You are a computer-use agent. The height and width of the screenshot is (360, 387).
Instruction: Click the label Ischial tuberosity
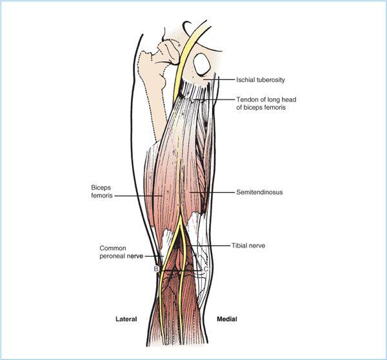[x=261, y=80]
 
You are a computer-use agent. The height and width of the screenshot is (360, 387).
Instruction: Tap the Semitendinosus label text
[x=259, y=192]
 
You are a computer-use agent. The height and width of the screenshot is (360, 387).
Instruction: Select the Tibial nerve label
[x=248, y=246]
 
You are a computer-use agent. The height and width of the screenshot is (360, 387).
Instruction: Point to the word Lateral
[x=126, y=319]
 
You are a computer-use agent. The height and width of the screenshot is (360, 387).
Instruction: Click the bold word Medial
[x=227, y=319]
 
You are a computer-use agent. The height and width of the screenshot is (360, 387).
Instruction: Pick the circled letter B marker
[x=156, y=268]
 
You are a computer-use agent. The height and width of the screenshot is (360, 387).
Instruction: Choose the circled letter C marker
[x=205, y=269]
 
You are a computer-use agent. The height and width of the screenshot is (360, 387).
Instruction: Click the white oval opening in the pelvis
[x=202, y=64]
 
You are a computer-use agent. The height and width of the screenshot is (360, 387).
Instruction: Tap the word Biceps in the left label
[x=101, y=188]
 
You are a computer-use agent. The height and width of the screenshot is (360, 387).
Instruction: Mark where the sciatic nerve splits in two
[x=180, y=219]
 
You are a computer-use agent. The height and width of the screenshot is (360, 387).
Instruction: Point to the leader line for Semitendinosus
[x=212, y=192]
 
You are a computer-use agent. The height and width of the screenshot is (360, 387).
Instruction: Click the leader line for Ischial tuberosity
[x=219, y=79]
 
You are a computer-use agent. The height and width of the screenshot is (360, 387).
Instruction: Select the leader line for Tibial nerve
[x=210, y=246]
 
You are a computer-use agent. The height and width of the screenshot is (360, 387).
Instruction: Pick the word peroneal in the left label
[x=121, y=256]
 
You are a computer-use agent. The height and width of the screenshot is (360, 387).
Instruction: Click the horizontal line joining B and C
[x=181, y=271]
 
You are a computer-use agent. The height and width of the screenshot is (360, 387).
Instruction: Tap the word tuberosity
[x=271, y=80]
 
